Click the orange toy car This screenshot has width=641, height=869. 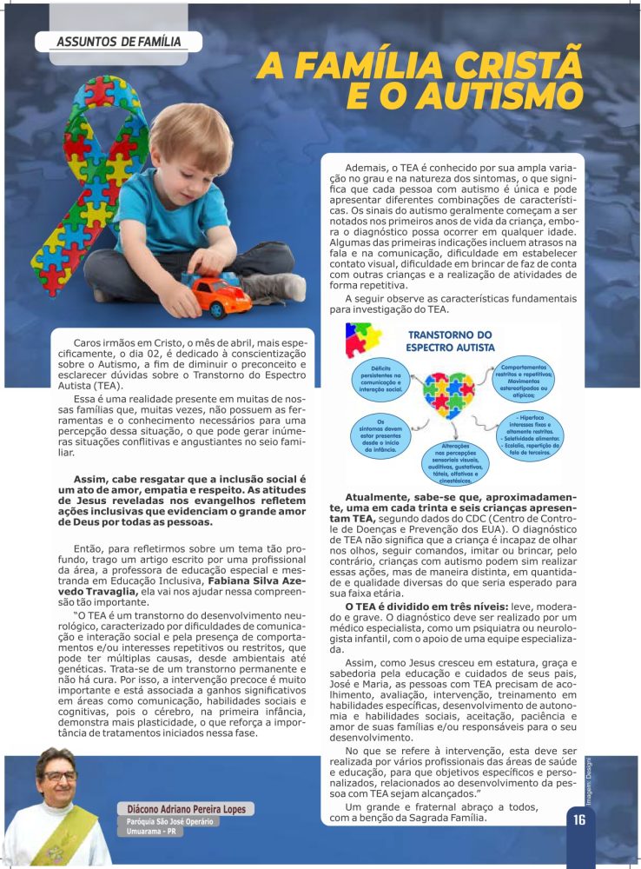[216, 295]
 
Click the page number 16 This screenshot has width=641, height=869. [579, 819]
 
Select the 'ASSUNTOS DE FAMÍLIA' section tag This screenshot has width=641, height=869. [119, 42]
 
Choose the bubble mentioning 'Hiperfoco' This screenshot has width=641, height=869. [530, 432]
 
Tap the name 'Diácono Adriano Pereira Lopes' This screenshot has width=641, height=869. [186, 809]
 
